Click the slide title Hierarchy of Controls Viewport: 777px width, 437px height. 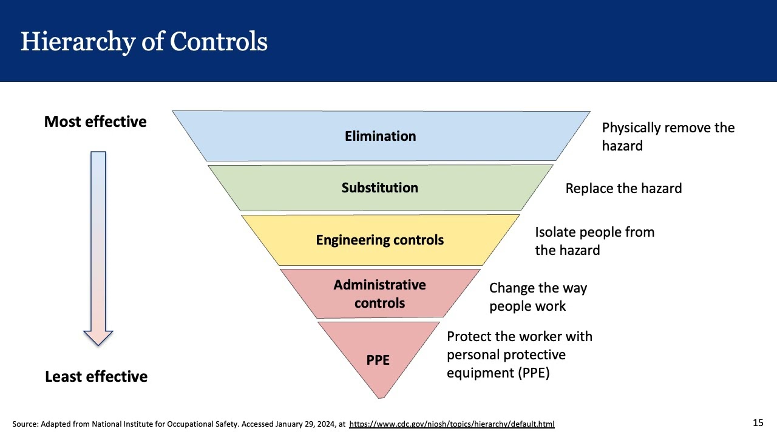[x=144, y=42]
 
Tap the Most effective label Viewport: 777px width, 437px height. [x=95, y=121]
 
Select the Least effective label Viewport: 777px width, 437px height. [x=96, y=376]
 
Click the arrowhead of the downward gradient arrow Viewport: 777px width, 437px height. [x=98, y=337]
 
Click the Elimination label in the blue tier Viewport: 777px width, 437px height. [x=380, y=136]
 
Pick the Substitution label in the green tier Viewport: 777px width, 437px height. [x=379, y=188]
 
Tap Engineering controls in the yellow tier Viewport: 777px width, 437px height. [x=379, y=240]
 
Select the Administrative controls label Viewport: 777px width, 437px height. [x=379, y=294]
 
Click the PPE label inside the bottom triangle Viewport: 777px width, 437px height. [x=378, y=360]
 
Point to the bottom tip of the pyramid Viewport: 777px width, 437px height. [x=381, y=396]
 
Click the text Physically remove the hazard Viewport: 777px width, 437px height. [x=668, y=137]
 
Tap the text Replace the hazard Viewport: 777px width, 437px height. [x=623, y=188]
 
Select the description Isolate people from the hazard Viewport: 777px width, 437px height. [x=594, y=241]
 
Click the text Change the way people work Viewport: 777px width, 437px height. [x=538, y=297]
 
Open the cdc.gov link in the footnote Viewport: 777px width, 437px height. [x=452, y=424]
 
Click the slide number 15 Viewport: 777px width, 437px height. [x=758, y=422]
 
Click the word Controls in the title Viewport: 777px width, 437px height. [x=219, y=42]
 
